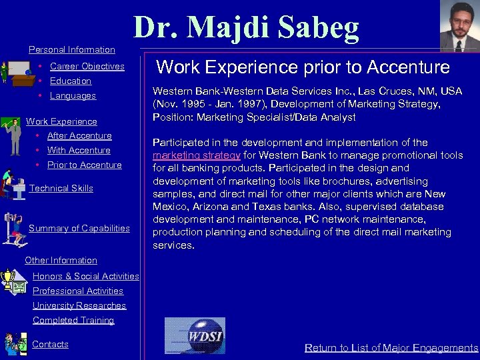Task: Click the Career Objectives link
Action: pyautogui.click(x=87, y=66)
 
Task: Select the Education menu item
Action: pyautogui.click(x=70, y=81)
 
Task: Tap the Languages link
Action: pyautogui.click(x=73, y=95)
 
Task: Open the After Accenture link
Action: pyautogui.click(x=79, y=135)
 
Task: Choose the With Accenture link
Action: pyautogui.click(x=79, y=150)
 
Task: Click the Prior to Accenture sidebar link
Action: pyautogui.click(x=84, y=165)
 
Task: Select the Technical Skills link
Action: pyautogui.click(x=61, y=188)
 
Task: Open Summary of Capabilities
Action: pyautogui.click(x=79, y=228)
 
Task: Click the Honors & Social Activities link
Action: pyautogui.click(x=85, y=276)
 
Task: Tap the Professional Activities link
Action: pyautogui.click(x=78, y=291)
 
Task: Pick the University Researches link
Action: pyautogui.click(x=79, y=305)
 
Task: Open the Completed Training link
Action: pyautogui.click(x=73, y=320)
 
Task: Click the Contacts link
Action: pyautogui.click(x=50, y=344)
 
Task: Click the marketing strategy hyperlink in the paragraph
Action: pyautogui.click(x=196, y=155)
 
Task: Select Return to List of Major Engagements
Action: pyautogui.click(x=391, y=347)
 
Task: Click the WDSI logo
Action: pyautogui.click(x=195, y=335)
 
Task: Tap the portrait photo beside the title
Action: pyautogui.click(x=459, y=25)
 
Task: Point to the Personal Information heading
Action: pyautogui.click(x=72, y=49)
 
